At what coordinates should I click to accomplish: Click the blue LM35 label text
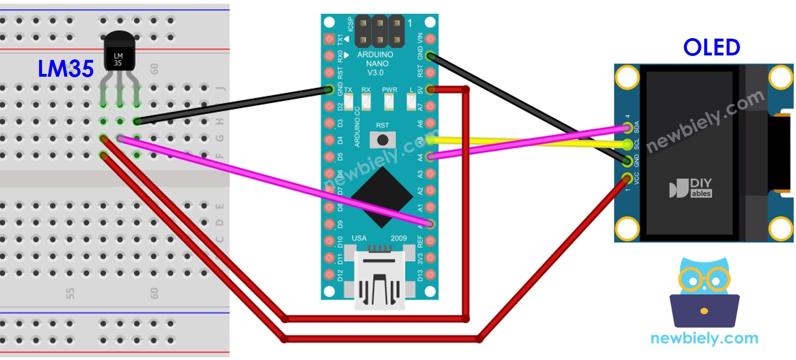(65, 68)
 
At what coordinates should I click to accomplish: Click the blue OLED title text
(711, 48)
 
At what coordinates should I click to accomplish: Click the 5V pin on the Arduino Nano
(430, 89)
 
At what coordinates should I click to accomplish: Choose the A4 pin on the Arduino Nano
(430, 157)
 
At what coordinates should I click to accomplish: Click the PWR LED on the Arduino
(389, 101)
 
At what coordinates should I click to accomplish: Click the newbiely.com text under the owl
(704, 338)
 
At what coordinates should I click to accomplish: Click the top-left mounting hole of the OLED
(627, 77)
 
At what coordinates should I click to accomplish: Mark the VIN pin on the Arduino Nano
(430, 39)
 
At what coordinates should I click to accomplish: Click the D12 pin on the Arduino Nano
(329, 275)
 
